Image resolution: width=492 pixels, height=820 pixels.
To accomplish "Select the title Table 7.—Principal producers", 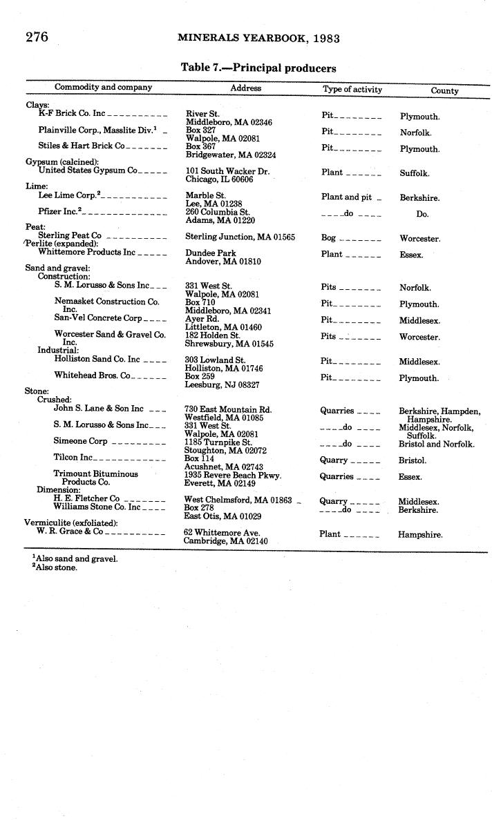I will [x=258, y=68].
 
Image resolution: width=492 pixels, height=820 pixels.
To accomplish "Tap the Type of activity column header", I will [x=352, y=89].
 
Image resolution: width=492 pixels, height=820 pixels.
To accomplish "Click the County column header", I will [x=444, y=90].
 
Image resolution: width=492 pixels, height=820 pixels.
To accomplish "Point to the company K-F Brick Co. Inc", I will [x=72, y=113].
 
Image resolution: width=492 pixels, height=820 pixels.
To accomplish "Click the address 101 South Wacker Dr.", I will [x=227, y=170].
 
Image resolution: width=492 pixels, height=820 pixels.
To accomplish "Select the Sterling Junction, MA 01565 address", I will [x=240, y=237].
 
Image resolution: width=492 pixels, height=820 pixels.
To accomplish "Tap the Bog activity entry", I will [x=328, y=237].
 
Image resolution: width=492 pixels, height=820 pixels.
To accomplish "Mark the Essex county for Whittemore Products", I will [x=411, y=255].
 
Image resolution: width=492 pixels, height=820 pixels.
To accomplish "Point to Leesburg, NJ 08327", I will [x=222, y=385].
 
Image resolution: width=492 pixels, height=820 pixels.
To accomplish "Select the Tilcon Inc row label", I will [x=73, y=457].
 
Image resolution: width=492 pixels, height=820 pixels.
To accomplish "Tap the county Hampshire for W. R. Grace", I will [x=420, y=534].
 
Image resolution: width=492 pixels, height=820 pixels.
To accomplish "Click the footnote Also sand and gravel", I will [x=77, y=558].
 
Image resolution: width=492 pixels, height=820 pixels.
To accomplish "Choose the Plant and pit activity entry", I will [x=346, y=197].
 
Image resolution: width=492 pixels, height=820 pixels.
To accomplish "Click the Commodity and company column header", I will [x=103, y=88].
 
